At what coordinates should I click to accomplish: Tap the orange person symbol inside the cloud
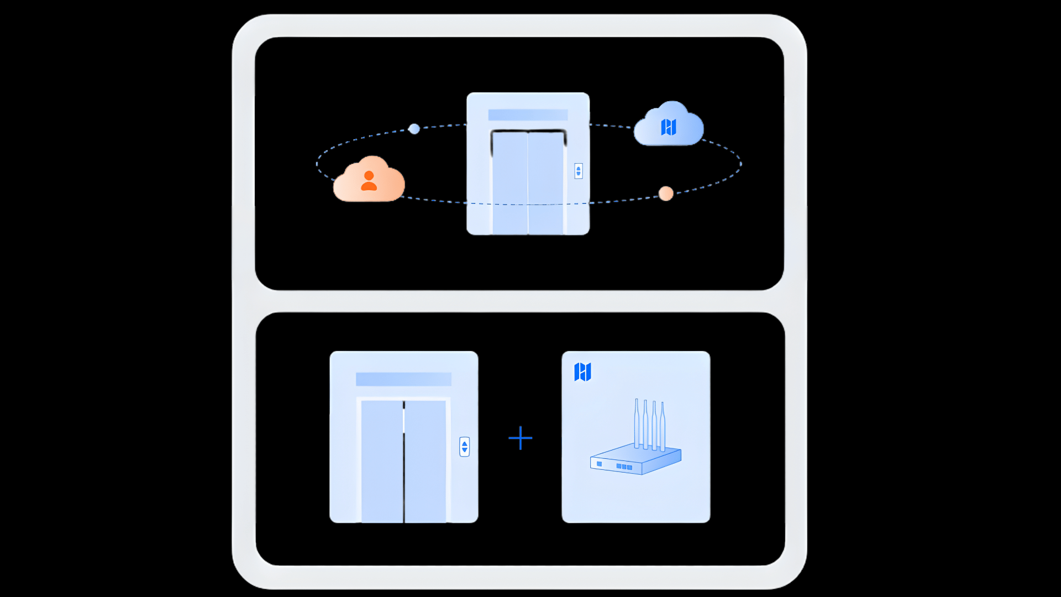[369, 181]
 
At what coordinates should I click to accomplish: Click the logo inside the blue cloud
[669, 127]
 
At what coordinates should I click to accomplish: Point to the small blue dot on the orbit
[414, 129]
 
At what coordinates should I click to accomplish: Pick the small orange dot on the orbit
[666, 193]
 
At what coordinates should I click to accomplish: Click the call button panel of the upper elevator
[578, 171]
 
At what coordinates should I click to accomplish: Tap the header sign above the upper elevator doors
[528, 115]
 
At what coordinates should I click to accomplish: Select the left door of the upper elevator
[510, 182]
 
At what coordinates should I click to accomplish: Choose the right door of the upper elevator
[546, 182]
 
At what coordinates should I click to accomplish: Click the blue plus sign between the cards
[520, 438]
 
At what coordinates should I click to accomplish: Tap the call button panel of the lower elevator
[464, 447]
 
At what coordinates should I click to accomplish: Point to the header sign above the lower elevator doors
[403, 379]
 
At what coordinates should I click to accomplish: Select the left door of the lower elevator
[382, 462]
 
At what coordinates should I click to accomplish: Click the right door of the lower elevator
[426, 462]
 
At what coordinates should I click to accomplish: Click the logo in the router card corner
[582, 372]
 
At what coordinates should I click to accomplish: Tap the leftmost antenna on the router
[637, 423]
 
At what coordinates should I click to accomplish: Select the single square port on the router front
[599, 464]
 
